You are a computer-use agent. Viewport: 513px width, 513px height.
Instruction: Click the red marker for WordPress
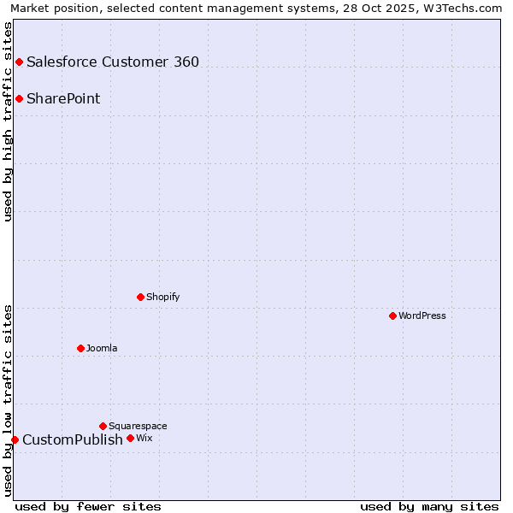392,315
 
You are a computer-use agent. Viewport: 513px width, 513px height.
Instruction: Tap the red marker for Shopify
140,297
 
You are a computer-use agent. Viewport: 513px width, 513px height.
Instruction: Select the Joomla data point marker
80,348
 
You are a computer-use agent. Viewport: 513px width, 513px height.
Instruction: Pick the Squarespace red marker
103,426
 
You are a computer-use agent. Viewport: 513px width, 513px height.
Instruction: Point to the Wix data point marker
130,438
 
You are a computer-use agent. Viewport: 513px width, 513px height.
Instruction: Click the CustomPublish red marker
15,439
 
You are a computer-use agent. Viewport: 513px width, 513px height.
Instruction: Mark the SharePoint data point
19,98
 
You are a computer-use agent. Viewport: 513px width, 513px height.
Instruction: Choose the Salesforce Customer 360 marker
19,62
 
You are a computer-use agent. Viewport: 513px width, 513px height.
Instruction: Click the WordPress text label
422,315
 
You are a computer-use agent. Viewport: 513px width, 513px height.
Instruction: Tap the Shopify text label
162,297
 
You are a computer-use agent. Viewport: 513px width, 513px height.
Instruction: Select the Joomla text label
102,348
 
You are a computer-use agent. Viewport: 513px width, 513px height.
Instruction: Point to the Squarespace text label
138,426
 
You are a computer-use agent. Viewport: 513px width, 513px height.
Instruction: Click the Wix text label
144,438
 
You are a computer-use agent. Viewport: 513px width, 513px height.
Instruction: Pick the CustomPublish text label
73,439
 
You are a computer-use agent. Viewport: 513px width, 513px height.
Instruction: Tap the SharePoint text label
63,98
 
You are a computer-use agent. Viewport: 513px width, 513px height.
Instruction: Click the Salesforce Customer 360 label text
113,62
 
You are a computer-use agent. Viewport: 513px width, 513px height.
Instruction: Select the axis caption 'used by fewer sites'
88,506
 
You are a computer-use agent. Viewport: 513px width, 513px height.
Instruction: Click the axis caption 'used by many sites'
429,506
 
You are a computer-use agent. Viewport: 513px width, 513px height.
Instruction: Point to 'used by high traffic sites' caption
8,121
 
